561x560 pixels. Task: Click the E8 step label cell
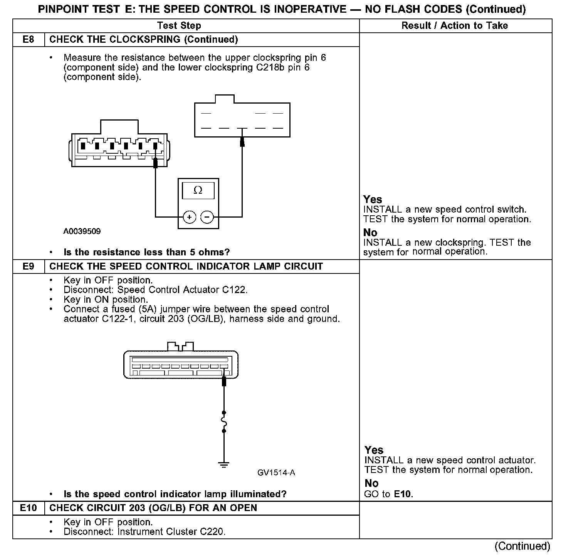tap(29, 40)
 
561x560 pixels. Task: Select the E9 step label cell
tap(29, 267)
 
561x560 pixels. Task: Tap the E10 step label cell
tap(29, 508)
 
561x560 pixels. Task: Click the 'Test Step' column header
tap(179, 26)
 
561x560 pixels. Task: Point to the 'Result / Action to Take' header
tap(455, 26)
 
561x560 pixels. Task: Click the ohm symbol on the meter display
tap(198, 191)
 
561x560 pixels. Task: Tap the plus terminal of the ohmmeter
tap(189, 217)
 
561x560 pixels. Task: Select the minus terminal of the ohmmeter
tap(207, 217)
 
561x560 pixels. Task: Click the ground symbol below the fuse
tap(224, 464)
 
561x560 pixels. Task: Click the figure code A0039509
tap(82, 231)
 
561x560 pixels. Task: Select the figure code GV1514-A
tap(276, 473)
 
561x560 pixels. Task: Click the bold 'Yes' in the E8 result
tap(373, 200)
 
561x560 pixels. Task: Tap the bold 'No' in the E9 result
tap(371, 483)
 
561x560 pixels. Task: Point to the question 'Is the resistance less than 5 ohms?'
tap(146, 252)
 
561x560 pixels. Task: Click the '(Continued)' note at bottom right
tap(522, 546)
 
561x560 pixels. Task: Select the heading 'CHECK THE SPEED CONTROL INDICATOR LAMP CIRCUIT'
tap(186, 267)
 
